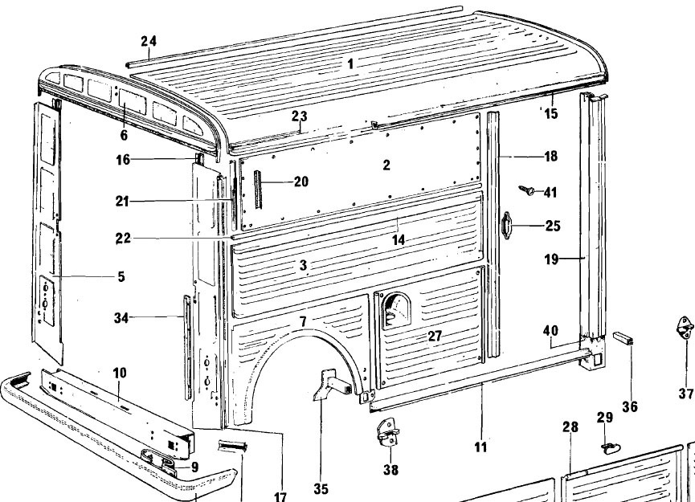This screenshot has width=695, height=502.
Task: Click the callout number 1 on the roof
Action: pos(350,62)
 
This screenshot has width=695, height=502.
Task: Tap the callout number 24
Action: pos(149,42)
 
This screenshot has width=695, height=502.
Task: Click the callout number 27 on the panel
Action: pos(435,337)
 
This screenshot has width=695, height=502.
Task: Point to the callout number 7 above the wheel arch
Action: pos(303,322)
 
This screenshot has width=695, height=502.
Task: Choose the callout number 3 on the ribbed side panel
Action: pos(303,266)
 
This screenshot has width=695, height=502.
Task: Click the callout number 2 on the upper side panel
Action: pos(386,165)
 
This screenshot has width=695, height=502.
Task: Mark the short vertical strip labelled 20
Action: pos(259,188)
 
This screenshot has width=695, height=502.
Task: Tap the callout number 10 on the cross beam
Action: pos(119,396)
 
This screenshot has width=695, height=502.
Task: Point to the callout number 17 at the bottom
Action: pos(280,497)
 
